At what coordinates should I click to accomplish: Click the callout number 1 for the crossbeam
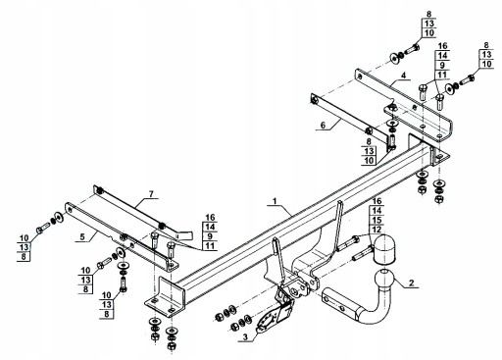(275, 201)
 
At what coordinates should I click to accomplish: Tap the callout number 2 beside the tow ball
(411, 283)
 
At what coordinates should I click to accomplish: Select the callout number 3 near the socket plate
(245, 336)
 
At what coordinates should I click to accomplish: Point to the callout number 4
(404, 76)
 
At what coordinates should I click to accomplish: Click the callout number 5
(82, 236)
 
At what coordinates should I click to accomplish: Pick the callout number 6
(324, 125)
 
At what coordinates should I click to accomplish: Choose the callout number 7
(151, 194)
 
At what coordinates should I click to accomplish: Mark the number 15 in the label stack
(376, 220)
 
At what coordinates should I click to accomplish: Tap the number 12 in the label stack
(376, 230)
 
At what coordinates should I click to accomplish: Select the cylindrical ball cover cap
(383, 249)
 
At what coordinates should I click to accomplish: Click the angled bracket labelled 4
(404, 104)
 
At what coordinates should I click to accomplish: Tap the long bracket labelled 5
(121, 237)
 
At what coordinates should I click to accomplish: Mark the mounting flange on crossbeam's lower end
(166, 299)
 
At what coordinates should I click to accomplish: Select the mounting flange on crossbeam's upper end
(428, 151)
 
